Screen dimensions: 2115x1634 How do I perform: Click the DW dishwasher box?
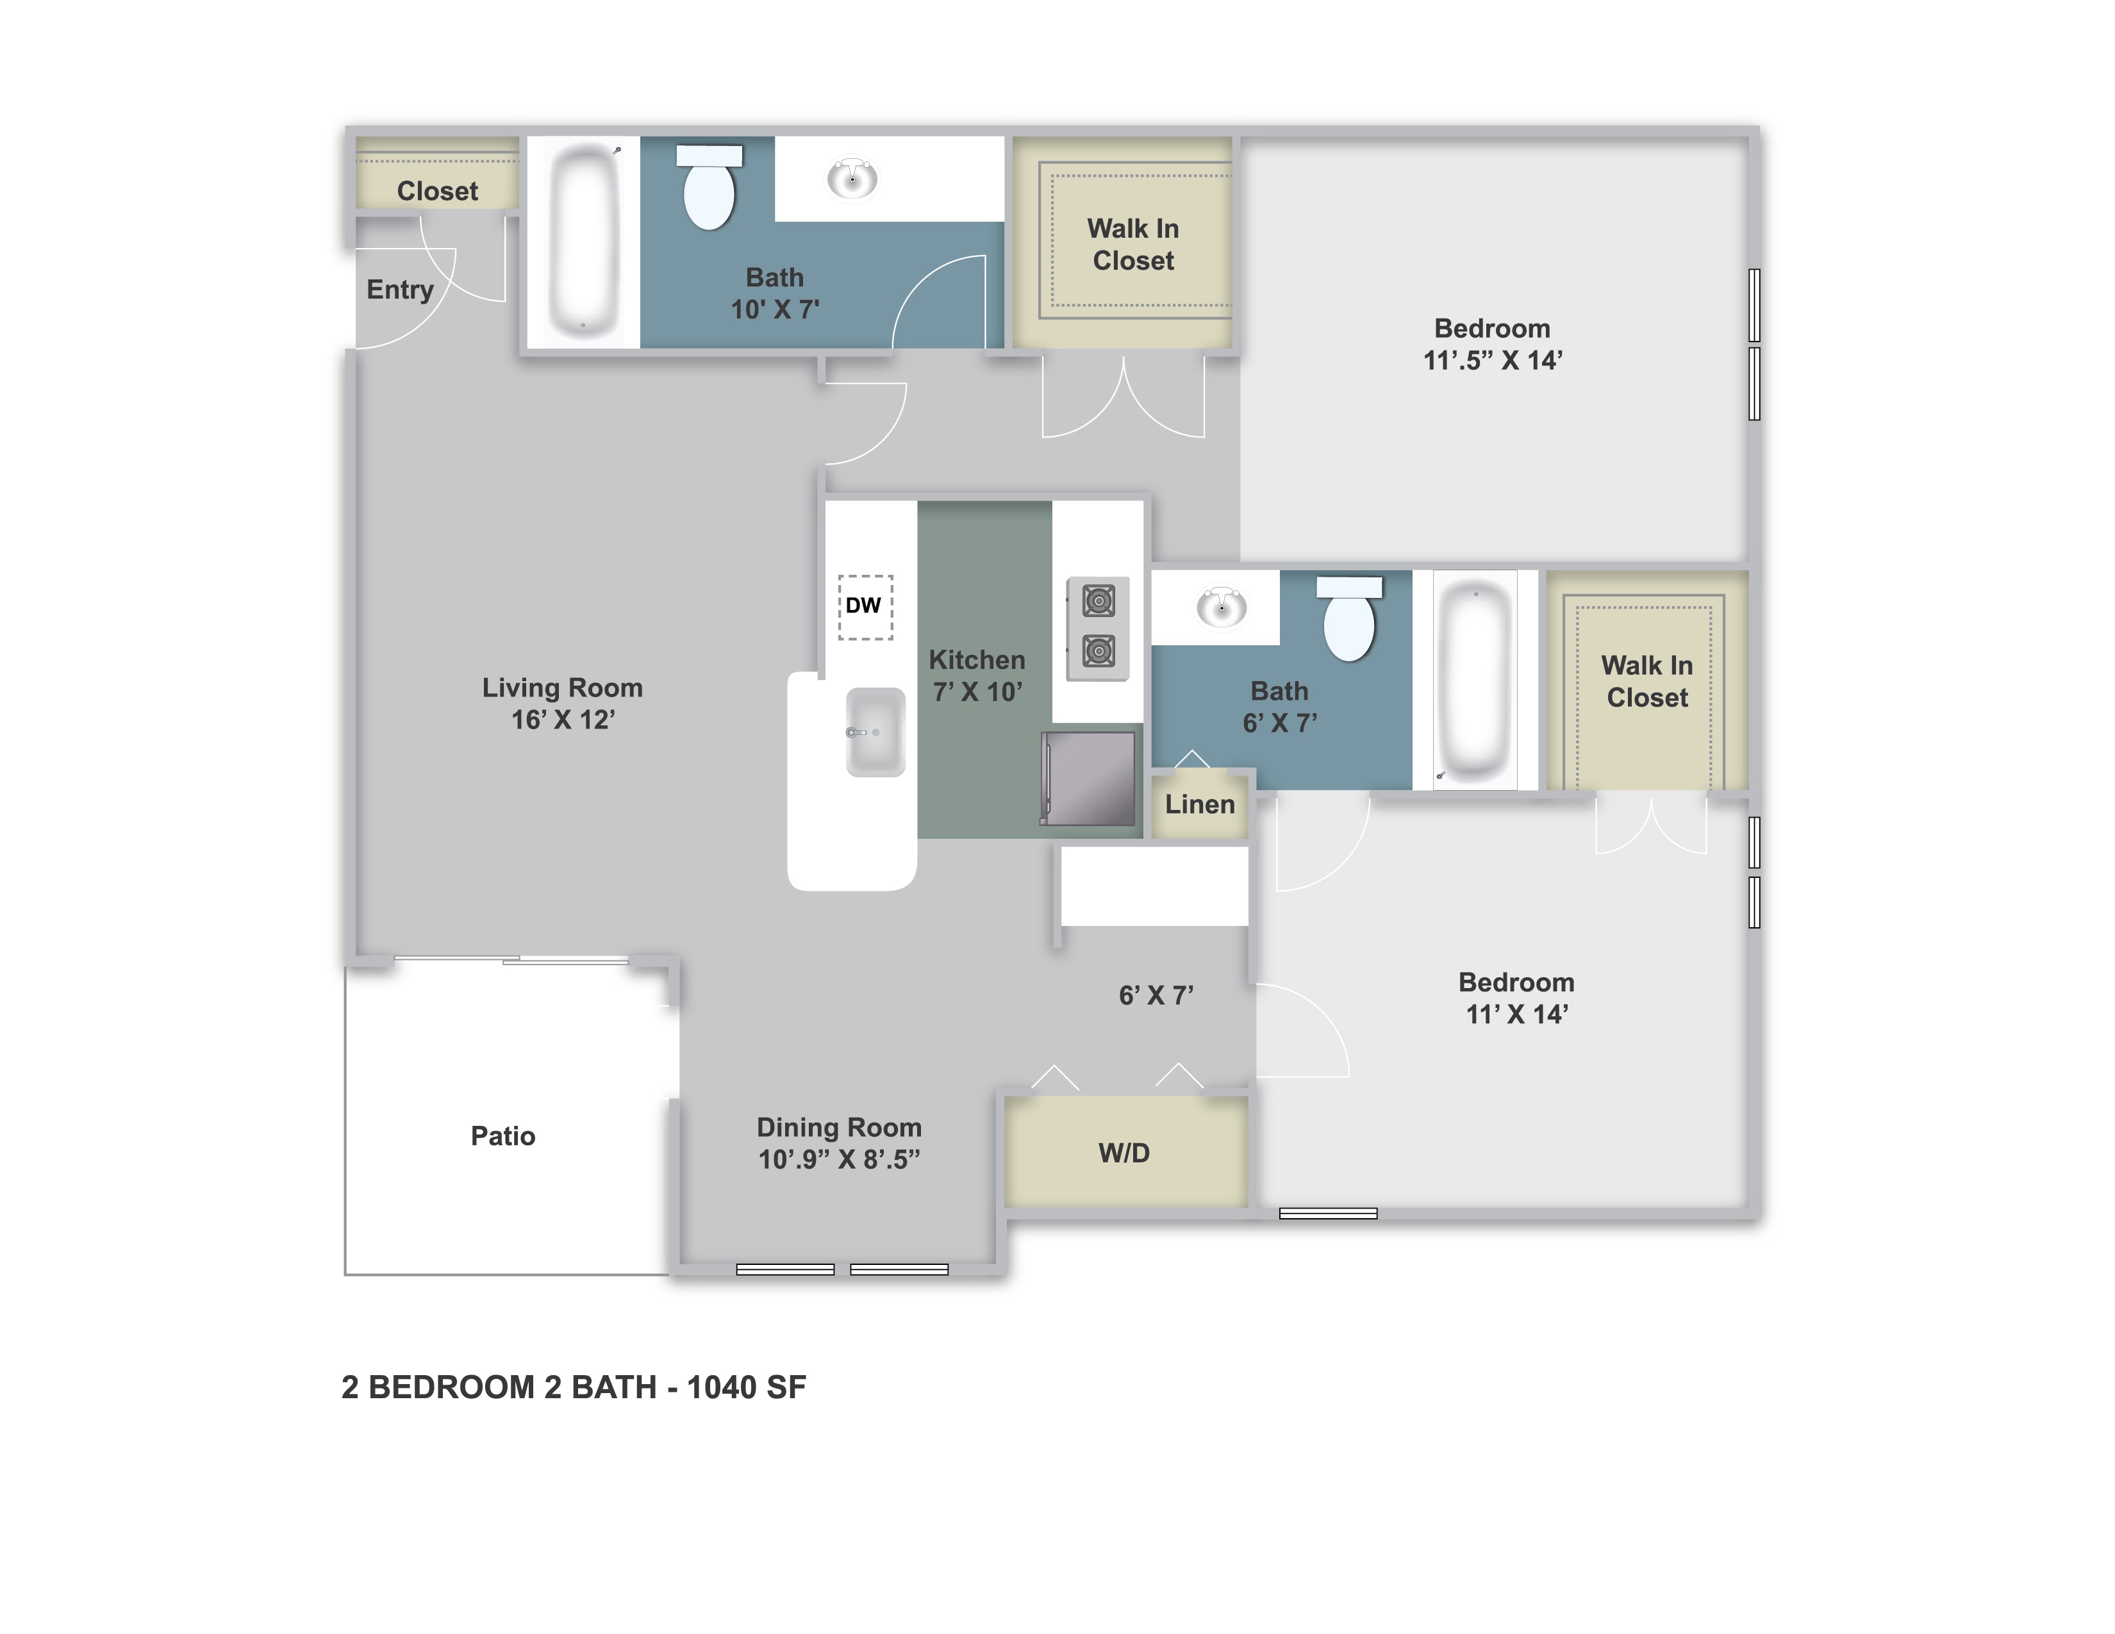(865, 607)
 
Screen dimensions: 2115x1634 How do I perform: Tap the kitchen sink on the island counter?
(875, 732)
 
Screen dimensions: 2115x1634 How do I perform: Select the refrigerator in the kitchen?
(1088, 779)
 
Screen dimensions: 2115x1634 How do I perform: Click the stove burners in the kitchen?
(1098, 628)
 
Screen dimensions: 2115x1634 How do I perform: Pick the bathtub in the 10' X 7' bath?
(583, 239)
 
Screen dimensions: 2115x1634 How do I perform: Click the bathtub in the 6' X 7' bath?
(1474, 682)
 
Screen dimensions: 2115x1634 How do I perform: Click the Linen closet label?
(1200, 804)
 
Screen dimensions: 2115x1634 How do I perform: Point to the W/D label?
(1124, 1153)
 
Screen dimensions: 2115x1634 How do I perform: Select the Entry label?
(400, 290)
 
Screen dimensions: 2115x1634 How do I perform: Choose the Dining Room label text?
(839, 1128)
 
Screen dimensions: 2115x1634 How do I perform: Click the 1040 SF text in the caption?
(747, 1387)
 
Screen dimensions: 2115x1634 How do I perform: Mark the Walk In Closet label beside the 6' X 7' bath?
(1647, 682)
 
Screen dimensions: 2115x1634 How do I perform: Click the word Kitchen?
(977, 660)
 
